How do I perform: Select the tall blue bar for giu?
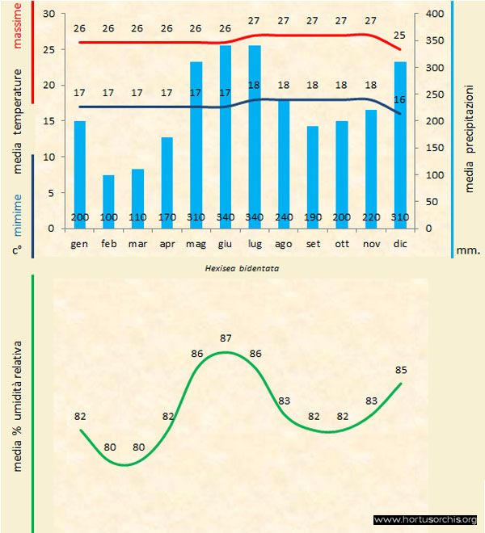226,137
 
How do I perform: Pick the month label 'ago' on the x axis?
284,242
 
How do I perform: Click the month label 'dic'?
400,242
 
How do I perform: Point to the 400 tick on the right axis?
435,15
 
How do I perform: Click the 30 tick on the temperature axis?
49,15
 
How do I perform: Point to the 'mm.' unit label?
469,250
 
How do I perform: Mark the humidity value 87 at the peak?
226,338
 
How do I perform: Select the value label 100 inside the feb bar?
109,218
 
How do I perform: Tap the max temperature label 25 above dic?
400,36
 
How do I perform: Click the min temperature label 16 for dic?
400,99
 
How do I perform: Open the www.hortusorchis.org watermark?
424,520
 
